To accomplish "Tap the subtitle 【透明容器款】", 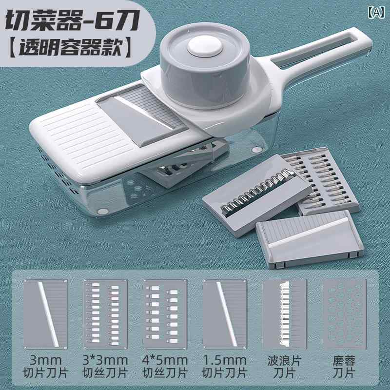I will coord(70,49).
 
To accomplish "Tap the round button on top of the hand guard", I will coord(203,49).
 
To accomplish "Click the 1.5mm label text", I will coord(225,361).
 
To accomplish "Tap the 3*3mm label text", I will coord(106,361).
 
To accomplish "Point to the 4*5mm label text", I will coord(166,361).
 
